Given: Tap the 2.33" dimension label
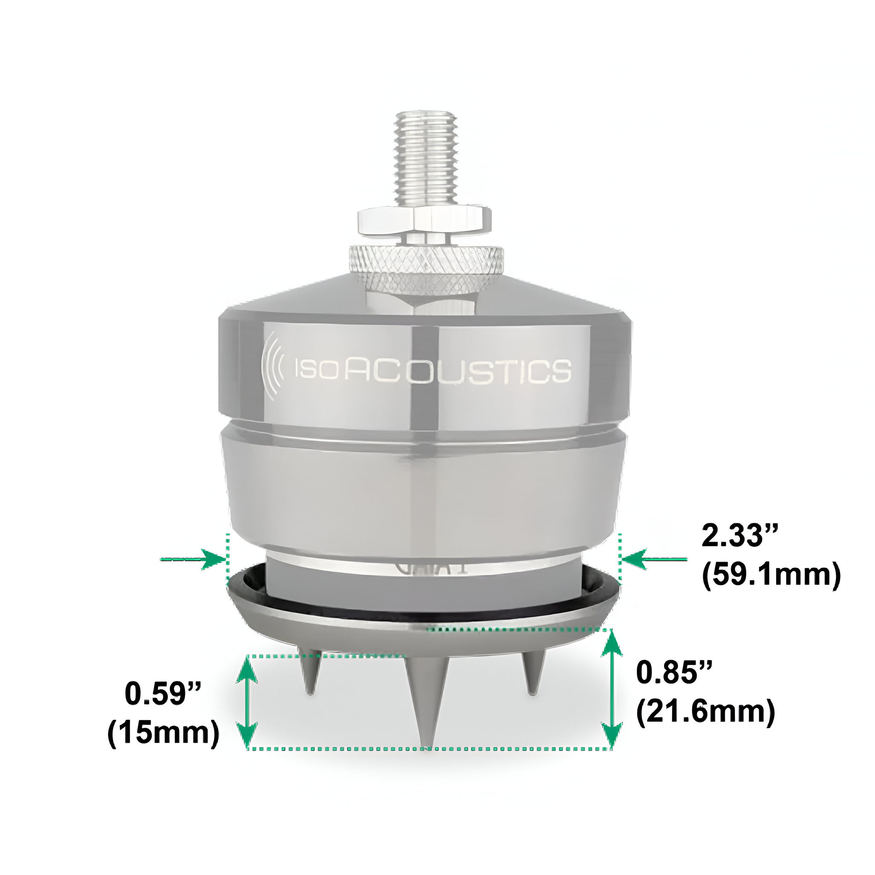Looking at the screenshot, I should [x=739, y=535].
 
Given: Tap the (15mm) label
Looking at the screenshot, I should [x=163, y=733].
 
